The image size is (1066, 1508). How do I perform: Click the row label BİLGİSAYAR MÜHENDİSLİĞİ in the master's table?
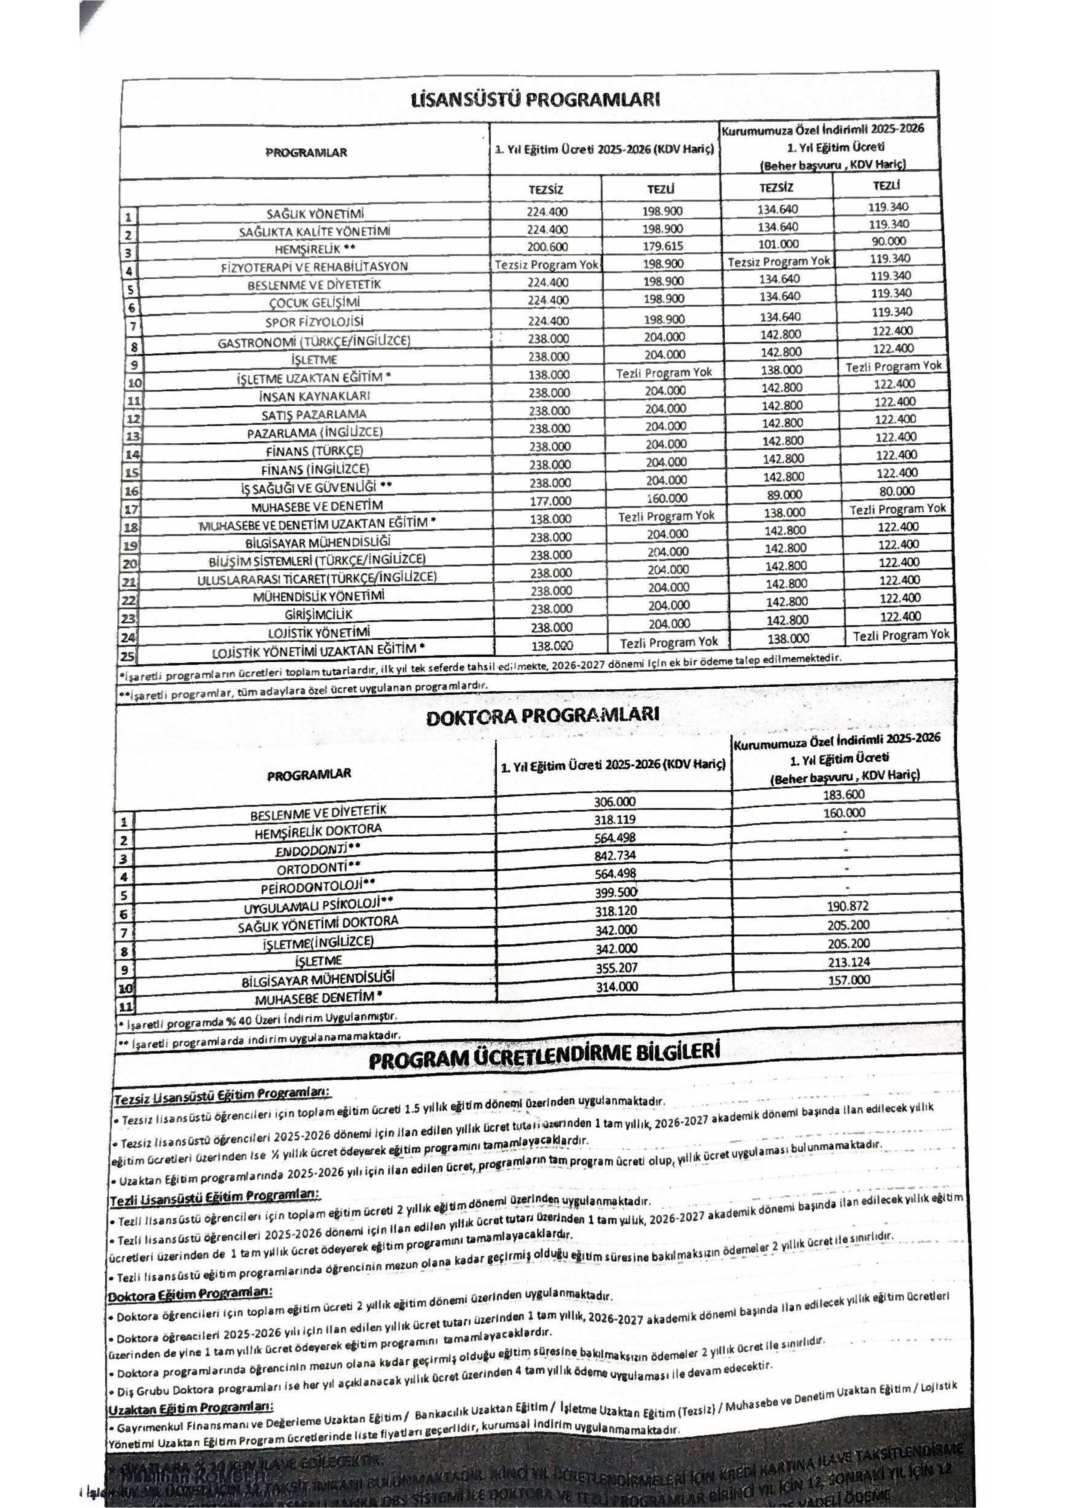click(x=318, y=542)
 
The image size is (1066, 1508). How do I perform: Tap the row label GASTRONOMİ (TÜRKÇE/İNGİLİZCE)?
click(x=315, y=342)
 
